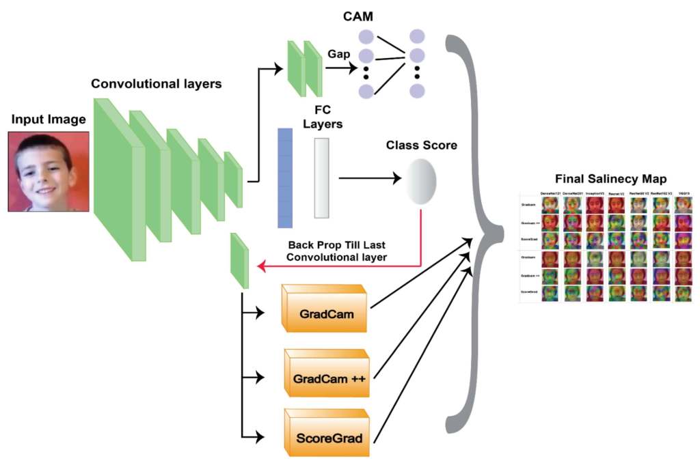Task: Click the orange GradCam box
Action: (325, 311)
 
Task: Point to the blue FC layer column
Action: (284, 178)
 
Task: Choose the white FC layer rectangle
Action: (322, 178)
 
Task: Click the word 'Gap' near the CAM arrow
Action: (340, 53)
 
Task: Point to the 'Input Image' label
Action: (49, 120)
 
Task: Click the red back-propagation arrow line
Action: (342, 266)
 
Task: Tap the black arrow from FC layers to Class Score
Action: (369, 179)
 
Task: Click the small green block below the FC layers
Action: (239, 261)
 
